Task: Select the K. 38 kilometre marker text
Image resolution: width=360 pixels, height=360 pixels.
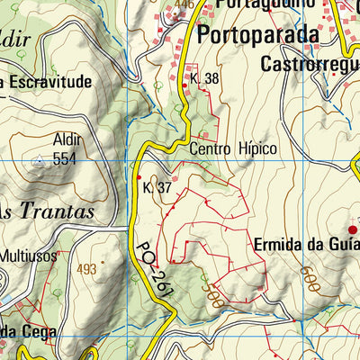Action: (x=206, y=79)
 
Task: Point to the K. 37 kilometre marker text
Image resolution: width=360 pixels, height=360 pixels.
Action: (x=157, y=188)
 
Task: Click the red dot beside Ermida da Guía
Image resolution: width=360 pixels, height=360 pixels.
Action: (x=352, y=230)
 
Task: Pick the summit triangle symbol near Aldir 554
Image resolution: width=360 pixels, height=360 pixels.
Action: (x=38, y=161)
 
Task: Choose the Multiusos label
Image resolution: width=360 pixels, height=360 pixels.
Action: (x=30, y=254)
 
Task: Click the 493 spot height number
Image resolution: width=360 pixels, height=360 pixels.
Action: (x=86, y=269)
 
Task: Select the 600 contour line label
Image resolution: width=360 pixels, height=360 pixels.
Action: (x=311, y=275)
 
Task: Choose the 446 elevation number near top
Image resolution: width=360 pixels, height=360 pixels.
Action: (x=185, y=4)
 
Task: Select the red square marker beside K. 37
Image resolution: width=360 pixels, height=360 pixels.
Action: (x=138, y=176)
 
